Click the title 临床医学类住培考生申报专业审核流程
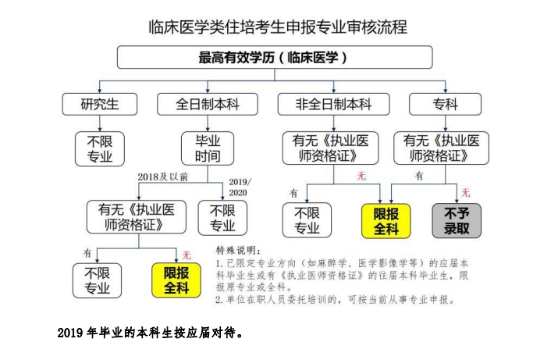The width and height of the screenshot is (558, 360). (x=278, y=27)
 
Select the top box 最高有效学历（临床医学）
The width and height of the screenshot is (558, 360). (x=274, y=58)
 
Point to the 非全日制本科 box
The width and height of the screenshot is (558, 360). (x=333, y=104)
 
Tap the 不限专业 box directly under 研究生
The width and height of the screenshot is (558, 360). (x=99, y=148)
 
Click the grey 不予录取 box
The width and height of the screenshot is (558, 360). (x=457, y=220)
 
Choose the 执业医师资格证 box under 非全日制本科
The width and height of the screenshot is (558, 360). (x=333, y=148)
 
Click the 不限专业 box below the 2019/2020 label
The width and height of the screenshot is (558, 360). (x=222, y=217)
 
